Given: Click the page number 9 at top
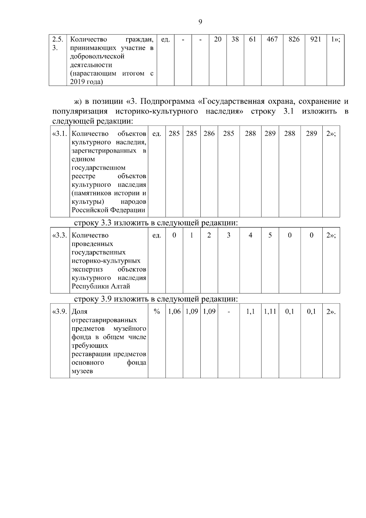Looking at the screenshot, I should pos(200,22).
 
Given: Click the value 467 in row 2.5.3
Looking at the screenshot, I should pos(272,39).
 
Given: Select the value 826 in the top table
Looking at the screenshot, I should pos(294,39).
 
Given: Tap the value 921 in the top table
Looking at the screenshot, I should pos(315,39).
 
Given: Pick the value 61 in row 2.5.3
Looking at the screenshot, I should pos(252,39).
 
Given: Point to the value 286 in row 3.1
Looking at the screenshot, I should pos(209,134).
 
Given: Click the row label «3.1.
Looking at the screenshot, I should pos(60,134).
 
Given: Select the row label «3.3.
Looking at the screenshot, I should pos(60,236).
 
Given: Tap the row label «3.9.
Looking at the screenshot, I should pos(60,312).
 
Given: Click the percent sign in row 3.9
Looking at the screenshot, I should pos(157,312).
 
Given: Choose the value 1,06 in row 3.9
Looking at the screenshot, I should pos(174,312).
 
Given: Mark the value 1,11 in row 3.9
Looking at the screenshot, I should pos(270,312).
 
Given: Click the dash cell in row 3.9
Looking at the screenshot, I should pos(228,312).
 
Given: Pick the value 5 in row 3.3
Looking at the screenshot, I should pos(270,236).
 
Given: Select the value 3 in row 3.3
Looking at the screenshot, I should pos(228,236).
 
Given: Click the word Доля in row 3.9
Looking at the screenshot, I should pos(79,312).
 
